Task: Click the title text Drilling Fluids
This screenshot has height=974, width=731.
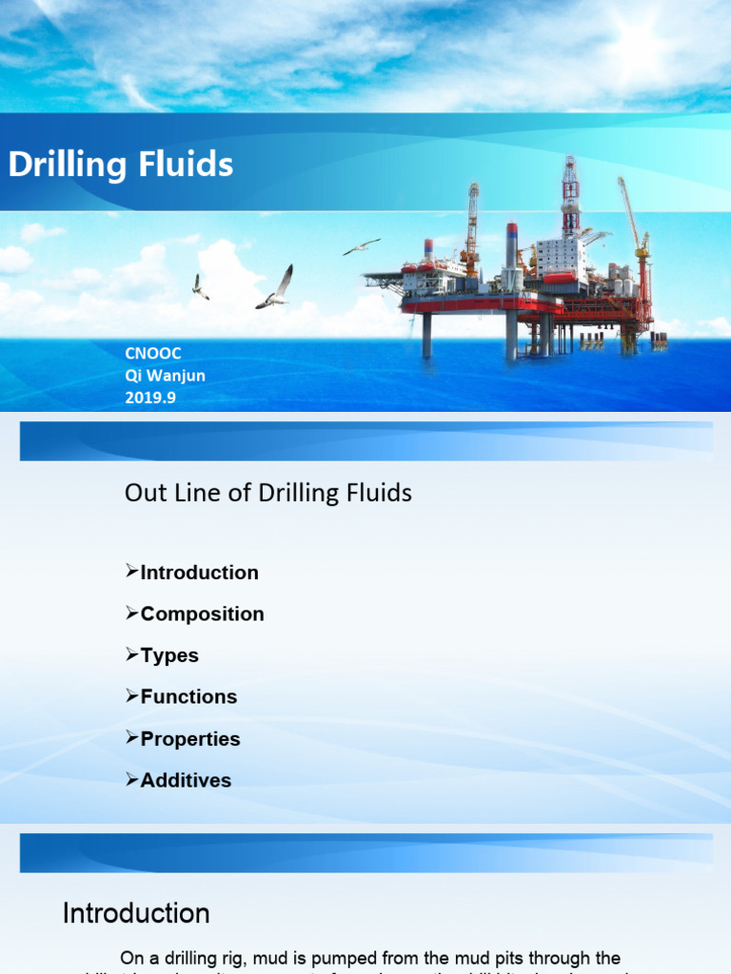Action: [x=121, y=165]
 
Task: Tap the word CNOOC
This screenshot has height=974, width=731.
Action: [x=153, y=354]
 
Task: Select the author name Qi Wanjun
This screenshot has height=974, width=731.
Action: [x=165, y=376]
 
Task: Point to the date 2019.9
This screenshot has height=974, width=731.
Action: [x=150, y=398]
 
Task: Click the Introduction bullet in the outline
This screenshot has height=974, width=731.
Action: [x=199, y=573]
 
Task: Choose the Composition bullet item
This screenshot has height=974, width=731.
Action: [x=202, y=614]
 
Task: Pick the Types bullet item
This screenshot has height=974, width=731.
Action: [x=169, y=655]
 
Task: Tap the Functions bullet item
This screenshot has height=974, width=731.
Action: [x=188, y=697]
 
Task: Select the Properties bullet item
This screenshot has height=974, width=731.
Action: [x=190, y=739]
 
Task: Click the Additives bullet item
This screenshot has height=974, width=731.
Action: [x=186, y=781]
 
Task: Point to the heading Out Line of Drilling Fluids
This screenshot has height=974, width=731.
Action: [x=268, y=493]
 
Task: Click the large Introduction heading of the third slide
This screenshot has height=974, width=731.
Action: [x=136, y=914]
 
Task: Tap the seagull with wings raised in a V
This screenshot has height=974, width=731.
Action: [x=275, y=288]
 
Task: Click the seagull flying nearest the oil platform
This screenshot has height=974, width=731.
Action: [x=361, y=247]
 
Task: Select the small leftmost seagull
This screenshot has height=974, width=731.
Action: [x=200, y=287]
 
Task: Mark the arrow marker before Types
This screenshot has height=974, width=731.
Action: [x=131, y=654]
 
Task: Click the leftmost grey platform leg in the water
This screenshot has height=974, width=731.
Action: [x=426, y=336]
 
